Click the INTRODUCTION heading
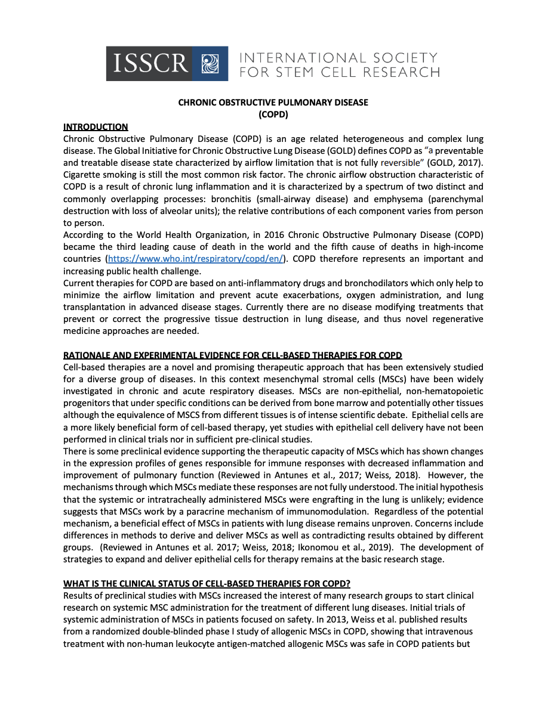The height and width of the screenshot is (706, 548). (x=96, y=126)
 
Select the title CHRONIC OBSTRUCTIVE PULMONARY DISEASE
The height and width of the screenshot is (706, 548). (x=273, y=103)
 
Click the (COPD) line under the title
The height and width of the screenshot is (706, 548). (x=273, y=114)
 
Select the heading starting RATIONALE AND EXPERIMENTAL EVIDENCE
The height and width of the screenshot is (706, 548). (x=233, y=355)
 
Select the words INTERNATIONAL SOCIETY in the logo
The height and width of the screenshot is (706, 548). (x=338, y=58)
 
